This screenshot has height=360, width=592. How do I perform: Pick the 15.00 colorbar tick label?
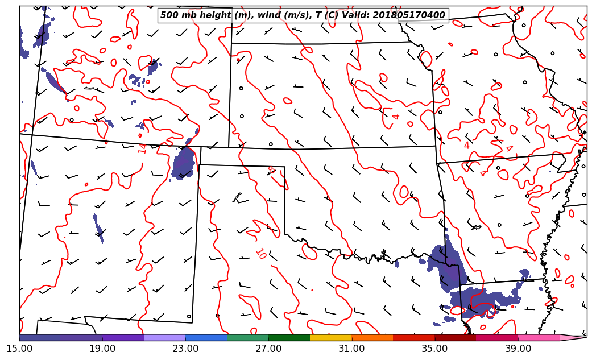pyautogui.click(x=19, y=349)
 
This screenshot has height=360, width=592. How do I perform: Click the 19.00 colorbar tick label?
pyautogui.click(x=102, y=349)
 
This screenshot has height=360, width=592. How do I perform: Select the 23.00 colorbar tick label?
pyautogui.click(x=185, y=349)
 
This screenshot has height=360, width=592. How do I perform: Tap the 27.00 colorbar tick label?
pyautogui.click(x=268, y=349)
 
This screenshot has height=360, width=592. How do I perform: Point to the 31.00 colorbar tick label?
pyautogui.click(x=351, y=349)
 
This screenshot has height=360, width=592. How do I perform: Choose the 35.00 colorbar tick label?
pyautogui.click(x=434, y=349)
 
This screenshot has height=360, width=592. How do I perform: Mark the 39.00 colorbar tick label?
pyautogui.click(x=518, y=349)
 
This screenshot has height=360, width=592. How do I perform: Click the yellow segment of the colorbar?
pyautogui.click(x=330, y=337)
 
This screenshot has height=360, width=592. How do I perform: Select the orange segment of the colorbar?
pyautogui.click(x=372, y=337)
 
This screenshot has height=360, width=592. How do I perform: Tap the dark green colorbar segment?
pyautogui.click(x=289, y=337)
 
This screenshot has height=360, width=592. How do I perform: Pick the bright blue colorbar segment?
pyautogui.click(x=206, y=337)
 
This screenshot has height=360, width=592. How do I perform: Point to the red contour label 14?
pyautogui.click(x=142, y=148)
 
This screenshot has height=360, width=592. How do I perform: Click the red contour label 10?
pyautogui.click(x=260, y=254)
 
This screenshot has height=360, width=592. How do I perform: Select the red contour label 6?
pyautogui.click(x=271, y=169)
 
